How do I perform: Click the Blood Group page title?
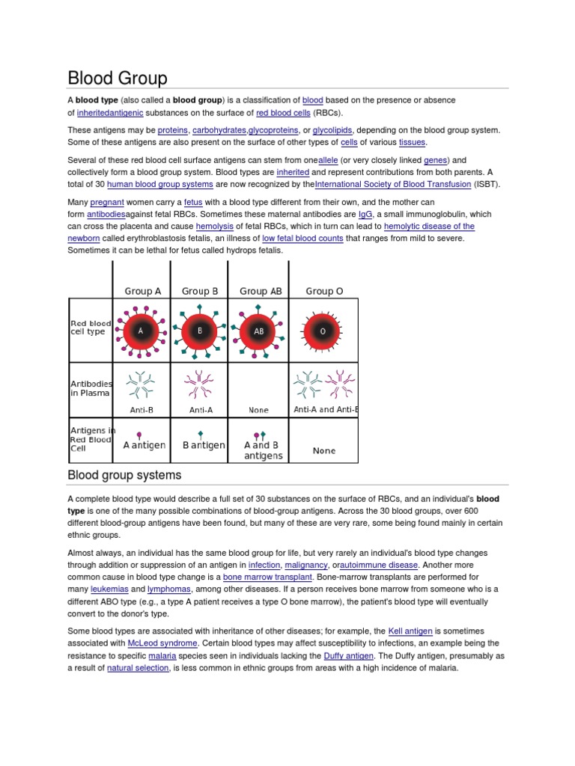[118, 78]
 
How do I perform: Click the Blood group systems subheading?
[124, 475]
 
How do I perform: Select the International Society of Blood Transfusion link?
[393, 184]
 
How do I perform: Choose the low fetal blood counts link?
[302, 238]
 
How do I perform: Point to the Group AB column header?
[261, 291]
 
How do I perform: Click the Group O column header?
[324, 291]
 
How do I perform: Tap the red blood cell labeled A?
[141, 330]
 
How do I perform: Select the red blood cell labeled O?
[323, 330]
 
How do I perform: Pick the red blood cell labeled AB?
[259, 330]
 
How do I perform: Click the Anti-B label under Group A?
[142, 410]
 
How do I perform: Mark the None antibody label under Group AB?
[258, 410]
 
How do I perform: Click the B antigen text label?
[204, 445]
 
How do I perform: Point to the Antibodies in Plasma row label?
[91, 387]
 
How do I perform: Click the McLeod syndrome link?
[162, 643]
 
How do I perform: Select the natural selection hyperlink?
[138, 668]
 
